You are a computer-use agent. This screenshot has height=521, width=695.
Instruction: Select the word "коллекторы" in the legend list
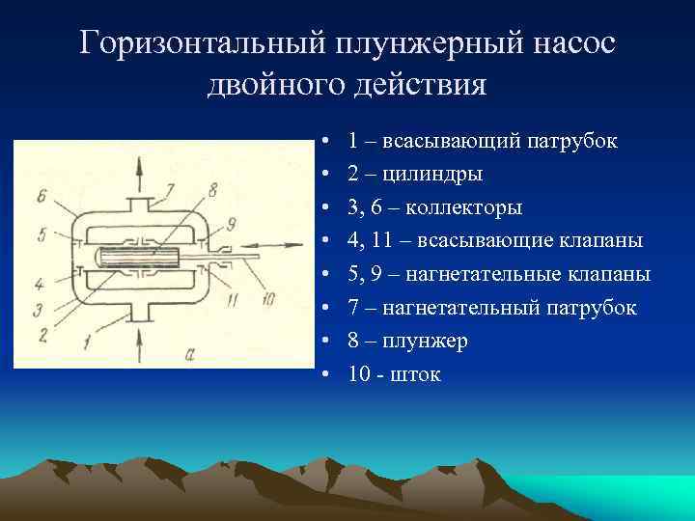click(469, 207)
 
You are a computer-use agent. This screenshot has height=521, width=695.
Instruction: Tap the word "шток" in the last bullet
click(416, 374)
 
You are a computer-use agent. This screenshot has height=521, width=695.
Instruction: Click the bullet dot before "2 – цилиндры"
click(329, 176)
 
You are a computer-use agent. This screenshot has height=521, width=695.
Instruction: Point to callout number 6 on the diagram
click(42, 196)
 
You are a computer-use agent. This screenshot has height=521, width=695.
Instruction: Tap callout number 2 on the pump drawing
click(43, 336)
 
